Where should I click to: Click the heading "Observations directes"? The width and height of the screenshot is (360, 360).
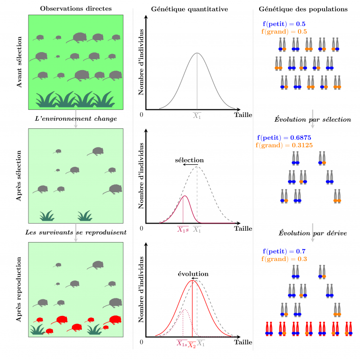(76, 9)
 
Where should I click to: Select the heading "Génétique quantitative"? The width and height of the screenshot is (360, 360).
(189, 9)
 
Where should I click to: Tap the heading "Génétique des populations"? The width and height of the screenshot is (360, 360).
(304, 9)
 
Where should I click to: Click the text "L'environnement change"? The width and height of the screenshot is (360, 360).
(76, 118)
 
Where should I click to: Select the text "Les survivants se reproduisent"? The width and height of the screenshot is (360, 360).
(76, 233)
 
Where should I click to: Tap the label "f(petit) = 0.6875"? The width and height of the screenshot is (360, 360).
(284, 137)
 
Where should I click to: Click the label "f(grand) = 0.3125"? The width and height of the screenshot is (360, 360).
(284, 144)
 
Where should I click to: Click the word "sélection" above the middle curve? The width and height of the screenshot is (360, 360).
(189, 160)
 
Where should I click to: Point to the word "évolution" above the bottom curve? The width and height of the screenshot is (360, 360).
(193, 274)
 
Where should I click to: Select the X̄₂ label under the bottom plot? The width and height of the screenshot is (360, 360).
(192, 345)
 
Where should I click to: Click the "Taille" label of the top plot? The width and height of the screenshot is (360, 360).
(243, 115)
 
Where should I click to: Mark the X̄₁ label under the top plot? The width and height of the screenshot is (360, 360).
(197, 115)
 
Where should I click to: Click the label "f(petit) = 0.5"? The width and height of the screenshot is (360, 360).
(284, 24)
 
